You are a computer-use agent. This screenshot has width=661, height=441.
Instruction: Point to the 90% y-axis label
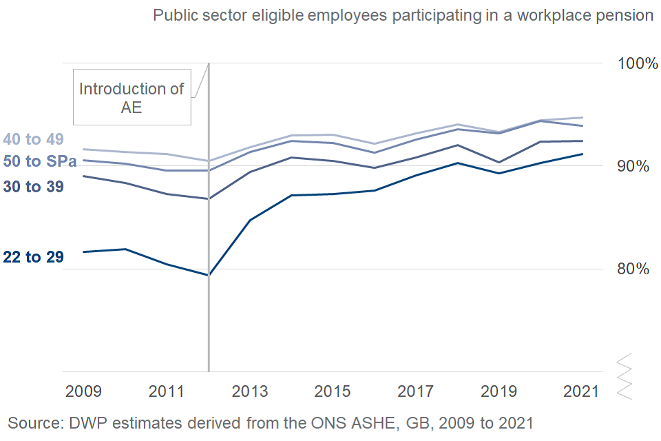pyautogui.click(x=629, y=166)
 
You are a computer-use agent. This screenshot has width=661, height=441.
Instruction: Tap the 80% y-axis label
pyautogui.click(x=629, y=269)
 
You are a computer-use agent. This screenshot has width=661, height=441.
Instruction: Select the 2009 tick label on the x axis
pyautogui.click(x=83, y=391)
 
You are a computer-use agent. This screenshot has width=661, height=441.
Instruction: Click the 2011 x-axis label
pyautogui.click(x=166, y=391)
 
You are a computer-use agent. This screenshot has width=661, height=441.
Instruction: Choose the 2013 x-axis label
pyautogui.click(x=249, y=391)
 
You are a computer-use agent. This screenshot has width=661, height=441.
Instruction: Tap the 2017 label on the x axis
pyautogui.click(x=415, y=391)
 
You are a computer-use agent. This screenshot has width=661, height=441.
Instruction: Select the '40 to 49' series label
pyautogui.click(x=34, y=139)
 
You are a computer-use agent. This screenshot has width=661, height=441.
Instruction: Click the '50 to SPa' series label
pyautogui.click(x=40, y=162)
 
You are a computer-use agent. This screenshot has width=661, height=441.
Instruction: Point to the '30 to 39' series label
pyautogui.click(x=34, y=186)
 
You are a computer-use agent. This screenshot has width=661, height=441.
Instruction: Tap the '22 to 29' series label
pyautogui.click(x=34, y=258)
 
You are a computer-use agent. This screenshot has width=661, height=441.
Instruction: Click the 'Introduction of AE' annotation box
pyautogui.click(x=132, y=97)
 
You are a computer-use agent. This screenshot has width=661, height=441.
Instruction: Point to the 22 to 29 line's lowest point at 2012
pyautogui.click(x=208, y=275)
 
